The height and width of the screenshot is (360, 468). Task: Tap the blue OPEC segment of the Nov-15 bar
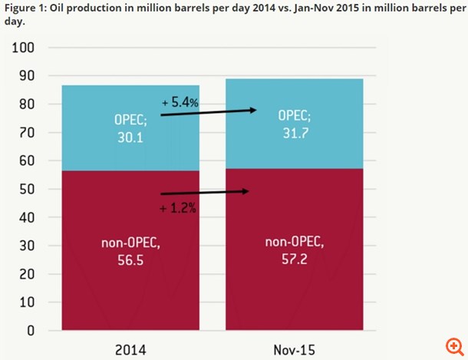(295, 146)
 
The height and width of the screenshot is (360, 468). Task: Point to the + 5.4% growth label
(180, 102)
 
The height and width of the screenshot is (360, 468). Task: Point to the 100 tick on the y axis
(24, 48)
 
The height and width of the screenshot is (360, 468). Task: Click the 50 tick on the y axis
(27, 189)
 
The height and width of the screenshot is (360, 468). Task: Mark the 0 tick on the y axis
(31, 331)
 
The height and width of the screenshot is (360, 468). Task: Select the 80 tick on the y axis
(27, 104)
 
